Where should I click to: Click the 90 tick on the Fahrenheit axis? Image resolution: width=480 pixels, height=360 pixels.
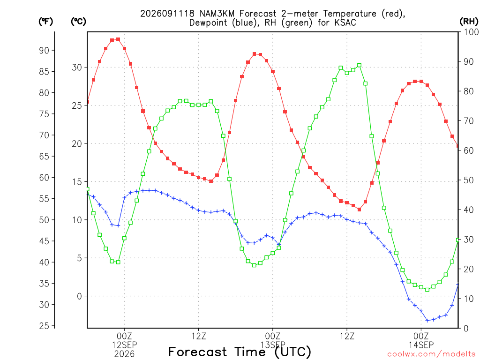[44, 51]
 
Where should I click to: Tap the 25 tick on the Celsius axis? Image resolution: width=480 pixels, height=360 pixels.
[77, 105]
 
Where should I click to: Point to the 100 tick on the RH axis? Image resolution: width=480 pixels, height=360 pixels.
[471, 32]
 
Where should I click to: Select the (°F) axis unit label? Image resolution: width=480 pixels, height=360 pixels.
[45, 22]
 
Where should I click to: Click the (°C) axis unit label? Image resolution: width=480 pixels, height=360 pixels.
[78, 22]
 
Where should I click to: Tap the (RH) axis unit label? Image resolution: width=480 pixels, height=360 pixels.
[469, 22]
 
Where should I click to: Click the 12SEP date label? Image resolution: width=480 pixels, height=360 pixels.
[124, 345]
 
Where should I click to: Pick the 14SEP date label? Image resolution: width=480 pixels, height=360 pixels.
[421, 345]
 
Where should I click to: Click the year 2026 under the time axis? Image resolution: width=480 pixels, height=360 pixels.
[124, 354]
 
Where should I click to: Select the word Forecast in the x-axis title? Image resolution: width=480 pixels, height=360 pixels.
[198, 352]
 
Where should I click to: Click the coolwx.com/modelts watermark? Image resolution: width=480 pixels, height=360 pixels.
[431, 354]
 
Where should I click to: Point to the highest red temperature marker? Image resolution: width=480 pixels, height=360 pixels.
[118, 39]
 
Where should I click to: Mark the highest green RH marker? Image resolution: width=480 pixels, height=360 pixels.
[360, 66]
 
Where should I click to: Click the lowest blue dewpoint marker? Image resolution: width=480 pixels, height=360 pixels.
[427, 321]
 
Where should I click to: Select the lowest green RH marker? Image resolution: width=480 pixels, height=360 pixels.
[427, 290]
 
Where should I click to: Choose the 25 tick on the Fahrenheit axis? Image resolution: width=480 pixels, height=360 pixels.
[44, 326]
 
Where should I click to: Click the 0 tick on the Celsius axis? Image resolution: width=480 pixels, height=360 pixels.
[80, 296]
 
